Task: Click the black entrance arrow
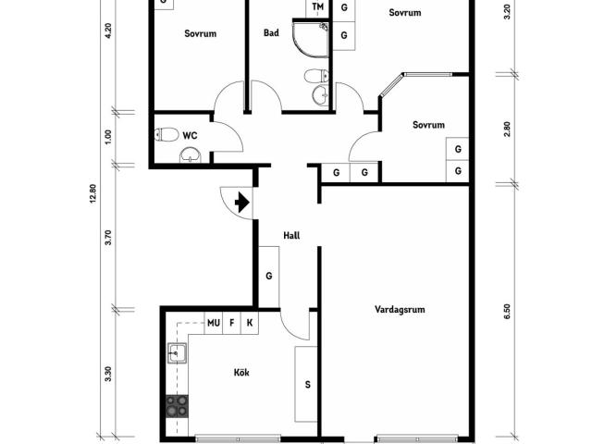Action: (x=242, y=203)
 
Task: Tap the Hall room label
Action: (x=291, y=236)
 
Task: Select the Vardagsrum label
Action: (x=400, y=310)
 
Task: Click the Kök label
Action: (x=241, y=373)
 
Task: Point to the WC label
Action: (x=190, y=136)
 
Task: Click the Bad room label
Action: (x=271, y=33)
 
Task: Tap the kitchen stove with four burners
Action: (x=177, y=406)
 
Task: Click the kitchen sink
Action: (x=177, y=353)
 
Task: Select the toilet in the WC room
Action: (x=166, y=134)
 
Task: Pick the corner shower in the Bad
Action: (x=311, y=39)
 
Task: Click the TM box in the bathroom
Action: (x=318, y=7)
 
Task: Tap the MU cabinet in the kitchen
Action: (x=214, y=323)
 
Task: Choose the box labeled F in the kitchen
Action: (x=232, y=323)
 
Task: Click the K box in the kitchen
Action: (x=250, y=323)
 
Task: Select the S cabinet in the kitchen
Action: (x=306, y=385)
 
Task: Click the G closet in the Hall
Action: (x=269, y=277)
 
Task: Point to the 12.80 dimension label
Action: (x=93, y=193)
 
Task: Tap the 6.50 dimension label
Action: (x=507, y=312)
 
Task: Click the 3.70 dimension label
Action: (x=109, y=238)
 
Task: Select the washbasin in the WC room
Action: (x=191, y=155)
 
